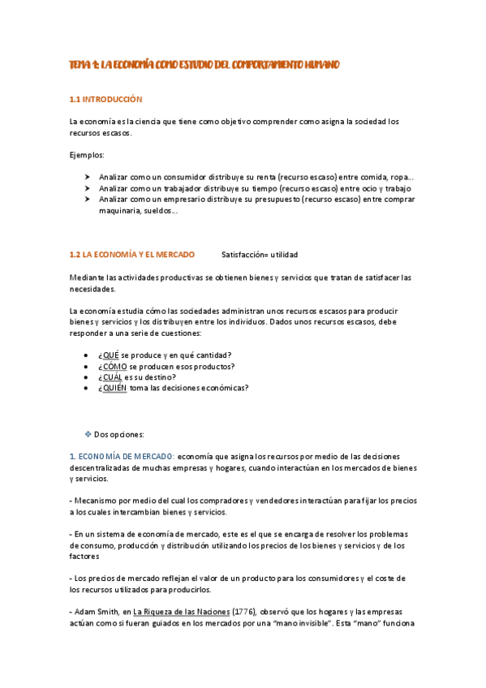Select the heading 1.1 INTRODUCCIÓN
[105, 100]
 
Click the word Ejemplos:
[87, 154]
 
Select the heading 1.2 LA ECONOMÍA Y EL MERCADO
[132, 254]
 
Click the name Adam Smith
[97, 611]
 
